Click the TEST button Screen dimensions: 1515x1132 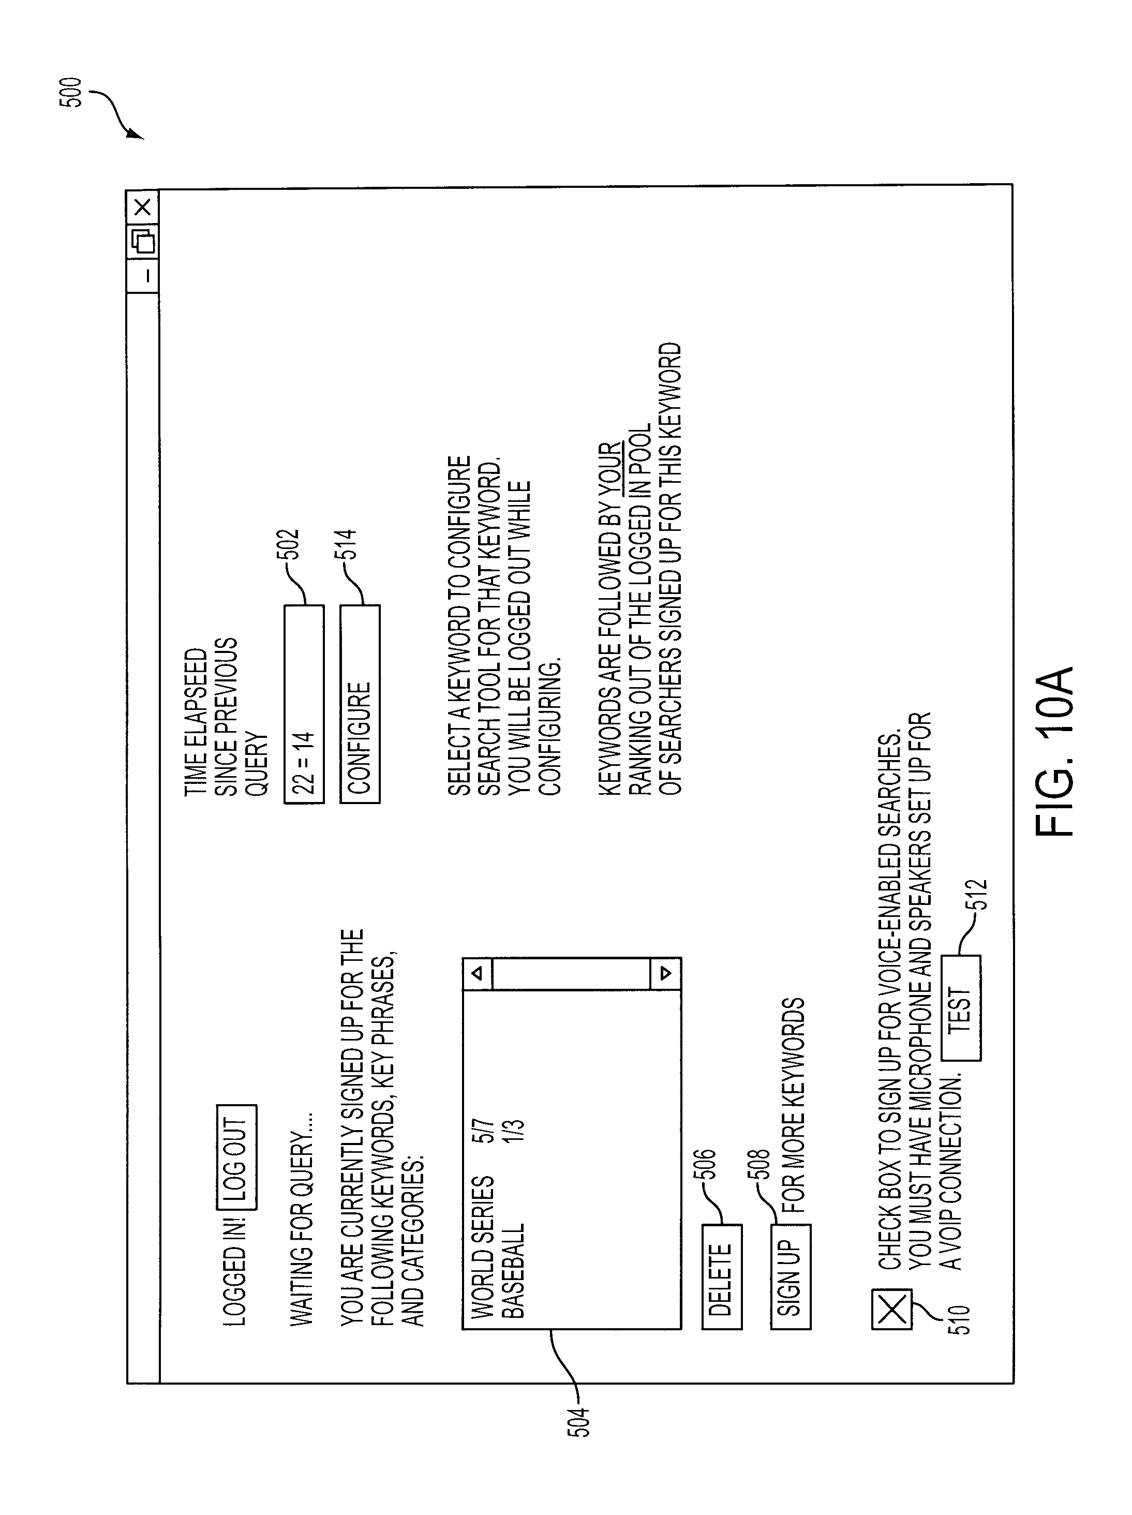click(x=961, y=1007)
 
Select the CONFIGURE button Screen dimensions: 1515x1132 click(x=360, y=703)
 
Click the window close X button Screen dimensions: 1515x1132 click(x=142, y=207)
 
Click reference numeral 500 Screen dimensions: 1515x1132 click(x=70, y=93)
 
